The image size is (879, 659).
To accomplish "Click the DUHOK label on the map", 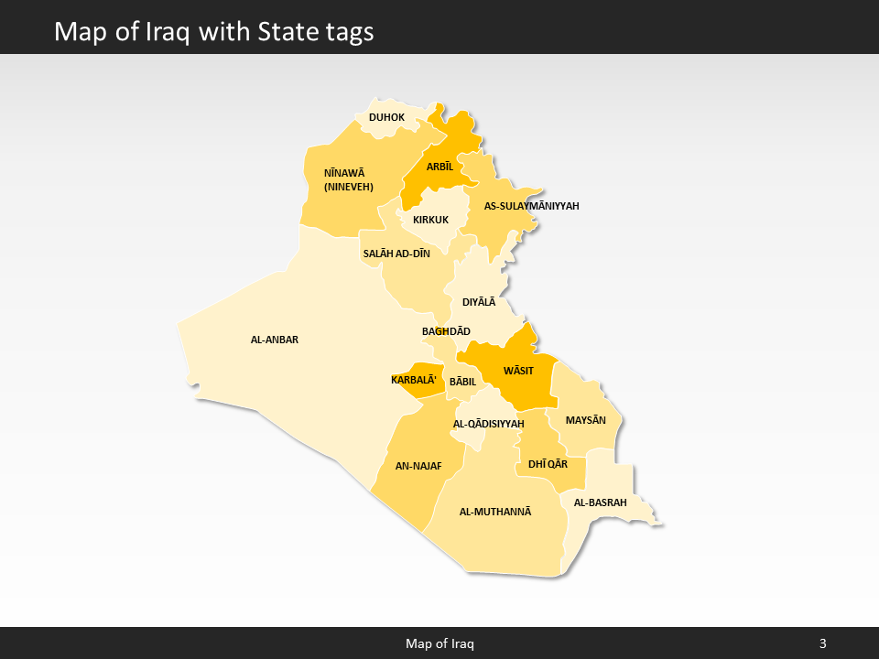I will click(x=386, y=117).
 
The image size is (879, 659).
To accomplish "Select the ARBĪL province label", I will click(x=439, y=167).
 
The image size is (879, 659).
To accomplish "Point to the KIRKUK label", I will click(x=430, y=220).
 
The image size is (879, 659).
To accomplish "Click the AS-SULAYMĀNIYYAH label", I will click(x=531, y=206).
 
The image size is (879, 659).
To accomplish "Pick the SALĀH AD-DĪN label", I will click(x=396, y=254).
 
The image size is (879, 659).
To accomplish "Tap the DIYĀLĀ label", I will click(x=478, y=301).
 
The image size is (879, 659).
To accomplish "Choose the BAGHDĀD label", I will click(x=446, y=331).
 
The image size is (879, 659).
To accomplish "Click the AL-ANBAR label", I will click(x=275, y=340).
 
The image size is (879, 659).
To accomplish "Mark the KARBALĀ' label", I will click(x=414, y=380).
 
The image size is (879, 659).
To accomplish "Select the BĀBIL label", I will click(x=462, y=382).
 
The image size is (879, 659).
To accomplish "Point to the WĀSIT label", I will click(x=518, y=371).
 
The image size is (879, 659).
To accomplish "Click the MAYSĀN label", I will click(x=586, y=420).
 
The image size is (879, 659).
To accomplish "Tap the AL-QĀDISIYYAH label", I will click(x=488, y=424).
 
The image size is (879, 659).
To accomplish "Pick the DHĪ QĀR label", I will click(x=548, y=465).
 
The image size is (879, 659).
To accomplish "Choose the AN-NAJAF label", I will click(x=418, y=466).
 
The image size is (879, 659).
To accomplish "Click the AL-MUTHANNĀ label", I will click(x=494, y=512).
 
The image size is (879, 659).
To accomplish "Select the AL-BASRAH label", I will click(x=600, y=502).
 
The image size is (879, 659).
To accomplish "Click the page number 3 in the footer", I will click(x=822, y=643).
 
